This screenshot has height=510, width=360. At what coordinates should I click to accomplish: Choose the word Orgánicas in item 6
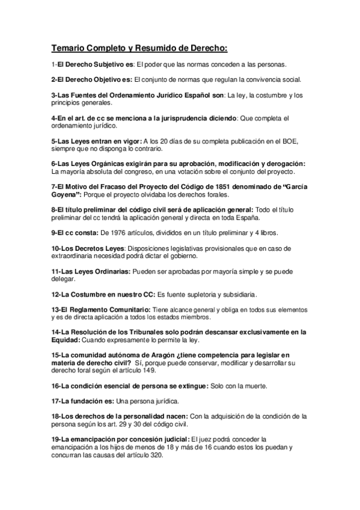[x=97, y=164]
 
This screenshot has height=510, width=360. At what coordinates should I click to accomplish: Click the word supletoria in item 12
[x=197, y=294]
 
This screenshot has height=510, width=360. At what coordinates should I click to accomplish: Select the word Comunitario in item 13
[x=123, y=309]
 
